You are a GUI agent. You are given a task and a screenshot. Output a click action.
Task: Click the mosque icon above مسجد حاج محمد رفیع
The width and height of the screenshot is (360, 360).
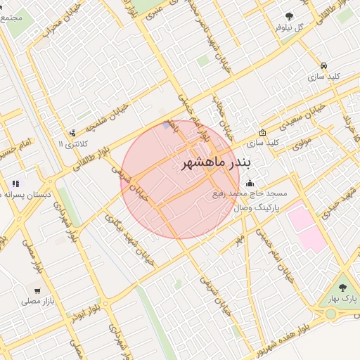point(251,183)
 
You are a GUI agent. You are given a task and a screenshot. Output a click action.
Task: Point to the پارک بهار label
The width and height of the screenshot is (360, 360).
point(342,299)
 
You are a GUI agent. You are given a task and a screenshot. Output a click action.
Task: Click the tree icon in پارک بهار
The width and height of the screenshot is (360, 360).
point(342,288)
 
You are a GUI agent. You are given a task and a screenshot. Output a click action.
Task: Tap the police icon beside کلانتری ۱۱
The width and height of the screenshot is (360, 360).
point(72,133)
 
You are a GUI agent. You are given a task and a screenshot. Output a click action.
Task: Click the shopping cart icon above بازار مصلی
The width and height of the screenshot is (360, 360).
point(37,290)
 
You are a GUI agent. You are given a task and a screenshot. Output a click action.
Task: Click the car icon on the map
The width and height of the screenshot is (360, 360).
point(322,63)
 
